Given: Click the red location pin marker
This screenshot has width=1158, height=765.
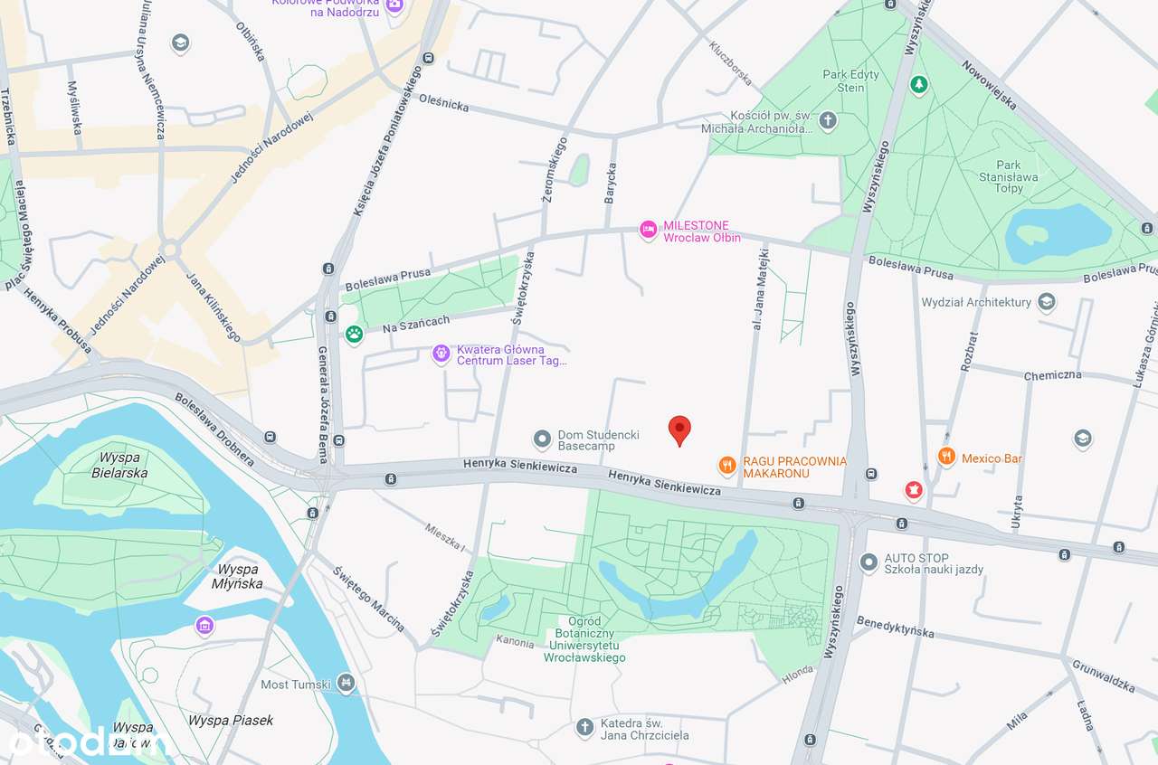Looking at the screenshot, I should coord(679,430).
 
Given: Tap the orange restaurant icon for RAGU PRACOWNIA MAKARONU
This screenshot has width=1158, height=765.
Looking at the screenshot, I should coord(726,467).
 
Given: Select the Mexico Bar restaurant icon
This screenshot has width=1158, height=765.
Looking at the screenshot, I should coord(946,458).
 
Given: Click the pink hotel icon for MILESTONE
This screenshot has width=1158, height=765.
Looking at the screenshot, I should coord(648,231).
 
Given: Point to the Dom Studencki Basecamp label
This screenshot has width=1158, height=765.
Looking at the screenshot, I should coord(586,440).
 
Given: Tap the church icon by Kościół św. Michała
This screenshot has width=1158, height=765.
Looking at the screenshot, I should coord(827,120).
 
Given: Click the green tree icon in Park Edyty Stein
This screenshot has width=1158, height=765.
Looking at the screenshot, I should coord(919,84).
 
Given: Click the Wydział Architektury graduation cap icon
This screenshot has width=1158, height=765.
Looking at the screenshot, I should coord(1047,302).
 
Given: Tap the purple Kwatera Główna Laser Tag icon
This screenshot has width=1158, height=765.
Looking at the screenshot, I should coord(441,354).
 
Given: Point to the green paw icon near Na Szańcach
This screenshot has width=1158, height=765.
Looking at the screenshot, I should coord(354,335).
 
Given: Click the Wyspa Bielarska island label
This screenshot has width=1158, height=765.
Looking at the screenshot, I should coord(120,465).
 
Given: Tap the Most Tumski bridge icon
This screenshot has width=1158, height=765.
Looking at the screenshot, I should coord(345,683).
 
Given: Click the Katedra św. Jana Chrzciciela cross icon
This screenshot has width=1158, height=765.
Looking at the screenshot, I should coord(584,726).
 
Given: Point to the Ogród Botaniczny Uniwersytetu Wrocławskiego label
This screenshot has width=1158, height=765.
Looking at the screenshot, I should coord(584,639).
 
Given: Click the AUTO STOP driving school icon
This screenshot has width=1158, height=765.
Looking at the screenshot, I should coord(868,562).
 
